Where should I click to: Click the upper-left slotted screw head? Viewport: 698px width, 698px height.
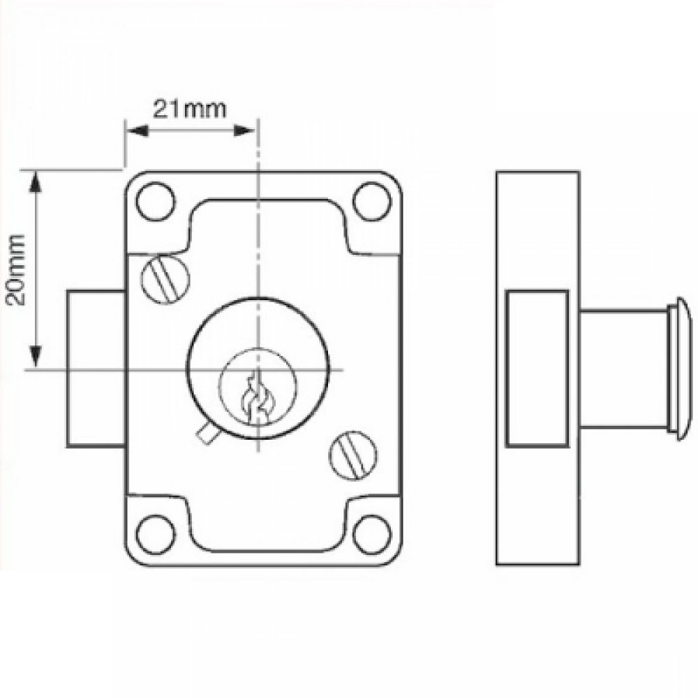(165, 279)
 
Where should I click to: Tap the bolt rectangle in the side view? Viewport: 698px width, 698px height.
(536, 369)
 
